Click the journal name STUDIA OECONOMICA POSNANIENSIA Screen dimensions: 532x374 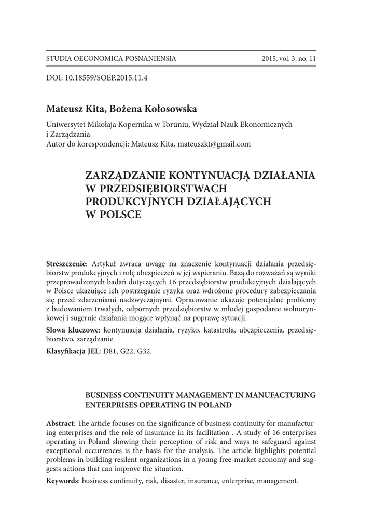[111, 59]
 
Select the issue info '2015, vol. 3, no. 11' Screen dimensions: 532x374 [289, 59]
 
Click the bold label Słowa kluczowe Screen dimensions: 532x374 [73, 330]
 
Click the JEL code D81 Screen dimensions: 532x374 [112, 351]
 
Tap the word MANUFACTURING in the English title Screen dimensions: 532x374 [282, 395]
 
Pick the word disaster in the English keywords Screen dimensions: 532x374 [173, 481]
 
